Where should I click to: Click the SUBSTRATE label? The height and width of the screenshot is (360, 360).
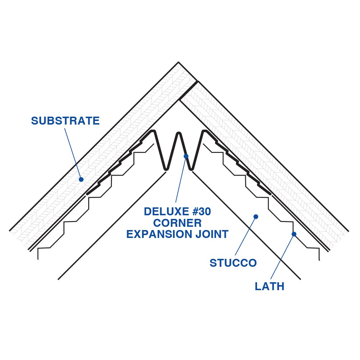65,121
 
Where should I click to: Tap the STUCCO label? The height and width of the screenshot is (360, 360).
233,263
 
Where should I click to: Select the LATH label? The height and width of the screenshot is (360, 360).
269,286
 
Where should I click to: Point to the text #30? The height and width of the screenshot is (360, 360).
200,212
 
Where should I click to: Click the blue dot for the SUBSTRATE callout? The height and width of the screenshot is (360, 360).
81,179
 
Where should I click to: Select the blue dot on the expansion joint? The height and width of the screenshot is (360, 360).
186,156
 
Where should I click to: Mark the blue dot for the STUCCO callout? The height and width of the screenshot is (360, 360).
256,217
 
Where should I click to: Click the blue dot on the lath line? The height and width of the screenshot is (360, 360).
294,234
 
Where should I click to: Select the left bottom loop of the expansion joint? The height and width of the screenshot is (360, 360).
166,168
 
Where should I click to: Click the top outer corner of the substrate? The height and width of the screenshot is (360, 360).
178,62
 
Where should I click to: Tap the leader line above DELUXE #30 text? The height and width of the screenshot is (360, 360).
181,180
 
